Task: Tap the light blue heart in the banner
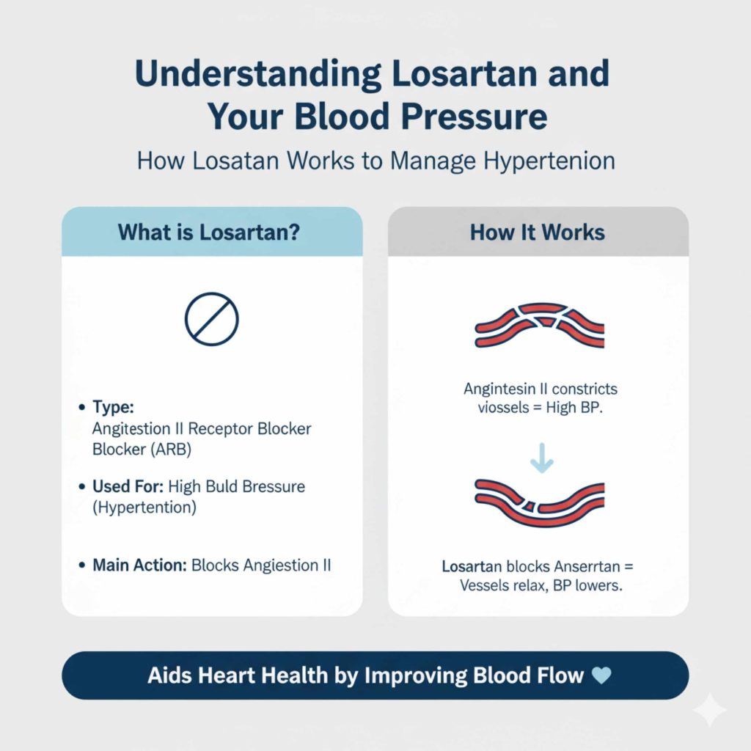pyautogui.click(x=601, y=675)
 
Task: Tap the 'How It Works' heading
pyautogui.click(x=538, y=232)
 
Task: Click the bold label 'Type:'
pyautogui.click(x=111, y=408)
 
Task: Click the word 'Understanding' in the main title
pyautogui.click(x=257, y=76)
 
